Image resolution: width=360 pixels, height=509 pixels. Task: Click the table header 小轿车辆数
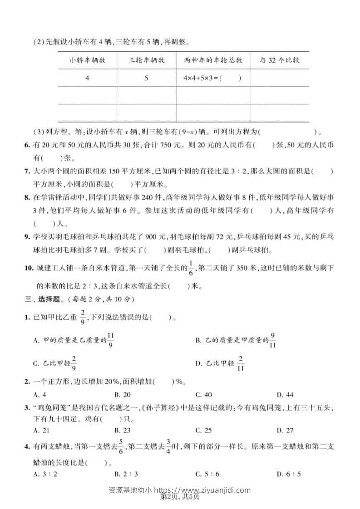88,60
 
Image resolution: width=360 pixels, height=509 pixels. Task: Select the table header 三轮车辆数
147,60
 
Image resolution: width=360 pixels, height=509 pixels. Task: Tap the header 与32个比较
279,60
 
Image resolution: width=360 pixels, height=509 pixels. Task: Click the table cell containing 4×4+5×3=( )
212,78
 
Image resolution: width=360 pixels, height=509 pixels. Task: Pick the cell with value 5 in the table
147,78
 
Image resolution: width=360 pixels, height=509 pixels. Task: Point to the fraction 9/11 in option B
273,339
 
